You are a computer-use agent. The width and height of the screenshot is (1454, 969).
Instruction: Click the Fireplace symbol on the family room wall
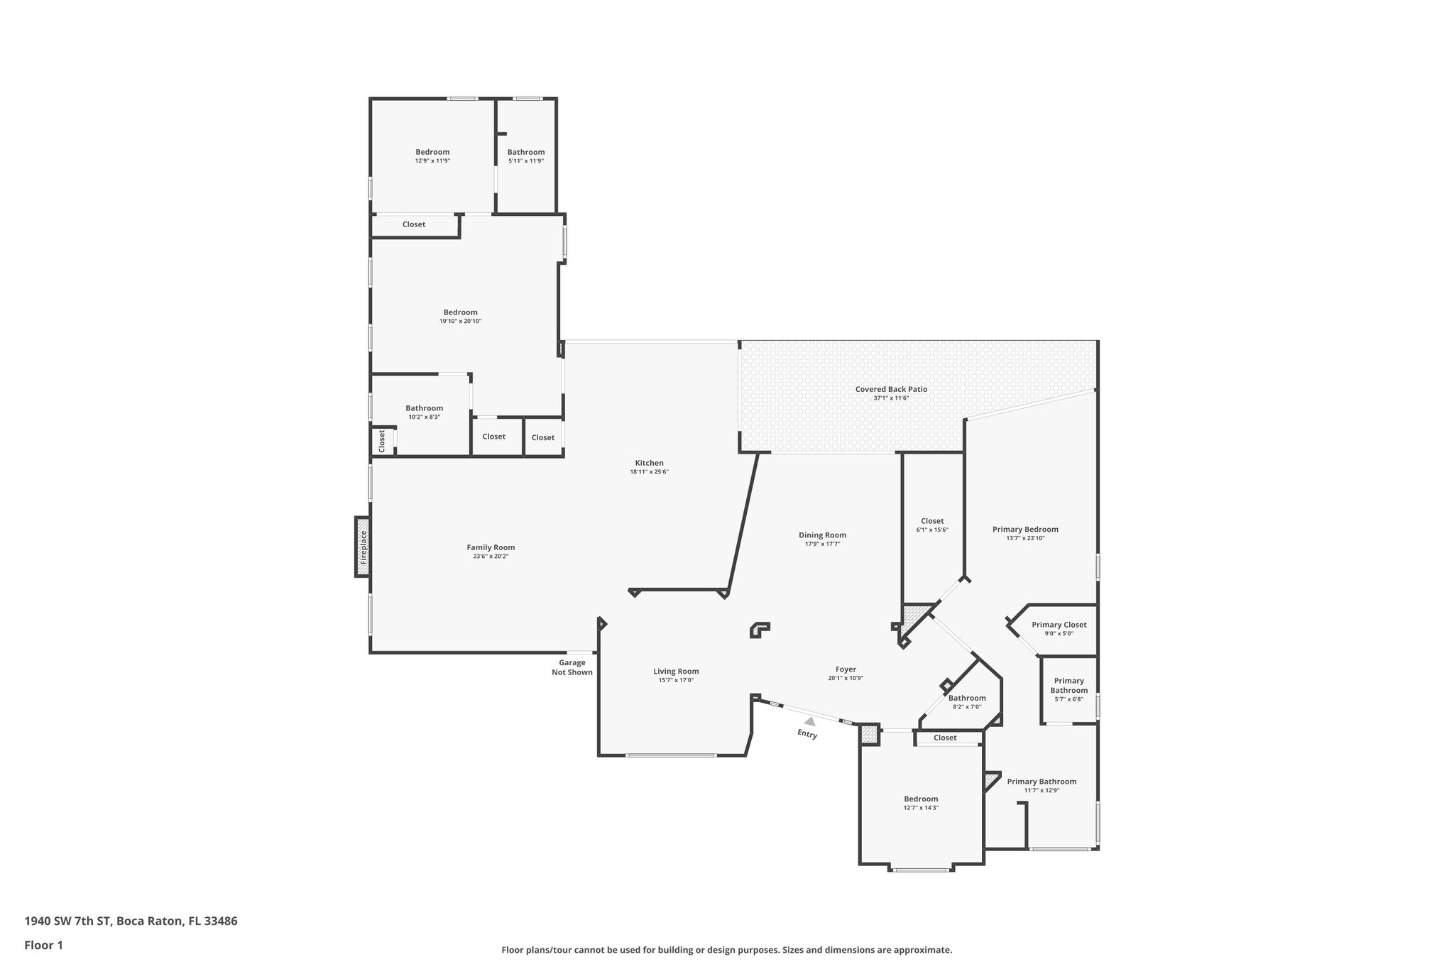tap(363, 547)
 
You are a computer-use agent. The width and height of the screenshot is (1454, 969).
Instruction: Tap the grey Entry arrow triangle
tap(809, 721)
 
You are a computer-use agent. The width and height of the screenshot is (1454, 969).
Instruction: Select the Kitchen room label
tap(649, 463)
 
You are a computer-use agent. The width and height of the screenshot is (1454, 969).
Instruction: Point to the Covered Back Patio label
tap(891, 389)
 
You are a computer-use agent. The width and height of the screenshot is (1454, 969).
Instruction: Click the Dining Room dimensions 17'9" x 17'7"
tap(822, 544)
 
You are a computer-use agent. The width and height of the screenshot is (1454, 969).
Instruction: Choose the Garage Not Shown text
tap(572, 667)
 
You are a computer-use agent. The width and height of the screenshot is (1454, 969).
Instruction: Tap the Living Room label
tap(676, 671)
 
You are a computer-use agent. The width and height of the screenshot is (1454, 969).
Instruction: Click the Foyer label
tap(846, 669)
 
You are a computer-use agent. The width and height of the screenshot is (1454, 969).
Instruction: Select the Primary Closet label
tap(1059, 625)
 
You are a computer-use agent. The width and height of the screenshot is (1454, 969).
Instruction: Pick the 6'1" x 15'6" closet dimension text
tap(932, 530)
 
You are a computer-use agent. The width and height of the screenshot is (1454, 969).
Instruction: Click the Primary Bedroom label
tap(1025, 529)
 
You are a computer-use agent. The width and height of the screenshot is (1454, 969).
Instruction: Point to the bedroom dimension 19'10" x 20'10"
tap(460, 322)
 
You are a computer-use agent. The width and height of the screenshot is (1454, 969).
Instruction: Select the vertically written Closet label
tap(382, 441)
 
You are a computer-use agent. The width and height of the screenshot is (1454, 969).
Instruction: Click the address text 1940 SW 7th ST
tap(68, 921)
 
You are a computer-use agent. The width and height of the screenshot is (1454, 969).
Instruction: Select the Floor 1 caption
tap(44, 946)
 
